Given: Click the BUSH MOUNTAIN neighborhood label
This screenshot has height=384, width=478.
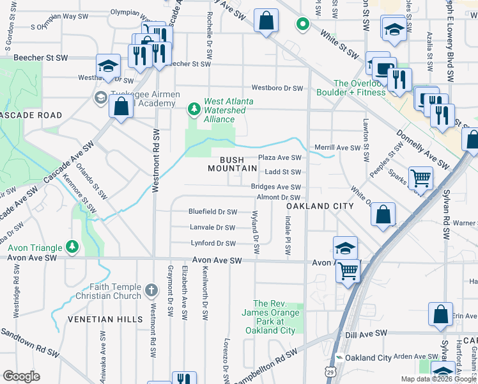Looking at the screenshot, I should point(233,164).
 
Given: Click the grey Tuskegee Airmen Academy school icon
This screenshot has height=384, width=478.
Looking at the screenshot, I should point(100,97).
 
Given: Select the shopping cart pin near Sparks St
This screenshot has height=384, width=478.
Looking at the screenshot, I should point(420,178).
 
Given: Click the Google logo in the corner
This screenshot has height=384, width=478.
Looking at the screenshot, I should point(21,376).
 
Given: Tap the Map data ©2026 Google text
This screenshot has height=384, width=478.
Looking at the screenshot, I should point(438,379).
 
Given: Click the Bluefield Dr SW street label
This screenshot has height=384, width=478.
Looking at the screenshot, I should point(213,212).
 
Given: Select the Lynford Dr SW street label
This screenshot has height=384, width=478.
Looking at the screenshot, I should point(213,243).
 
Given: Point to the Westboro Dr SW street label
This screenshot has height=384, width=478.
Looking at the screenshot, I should point(276,88).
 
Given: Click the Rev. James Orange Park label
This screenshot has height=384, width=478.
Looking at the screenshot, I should point(270,317).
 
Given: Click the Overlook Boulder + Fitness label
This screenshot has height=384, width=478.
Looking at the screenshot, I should point(351,88).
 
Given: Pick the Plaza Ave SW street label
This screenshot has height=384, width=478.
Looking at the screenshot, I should point(279,157).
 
